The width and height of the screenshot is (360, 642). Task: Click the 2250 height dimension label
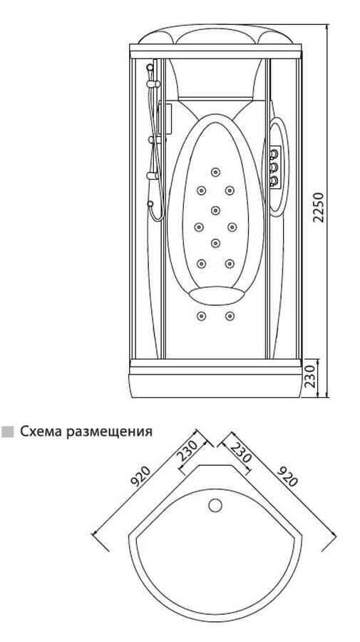point(318,207)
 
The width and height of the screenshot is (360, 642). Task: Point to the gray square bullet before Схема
point(7,432)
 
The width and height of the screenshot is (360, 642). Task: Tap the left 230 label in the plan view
point(187,450)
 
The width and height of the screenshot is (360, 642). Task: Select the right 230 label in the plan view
point(240,451)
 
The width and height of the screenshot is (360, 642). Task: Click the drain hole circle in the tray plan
point(215,505)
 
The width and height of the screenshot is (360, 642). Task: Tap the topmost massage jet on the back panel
point(215,172)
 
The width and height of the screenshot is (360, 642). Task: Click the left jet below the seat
point(201,316)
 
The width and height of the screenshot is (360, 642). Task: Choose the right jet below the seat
point(230,316)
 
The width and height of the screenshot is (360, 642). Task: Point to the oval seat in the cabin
point(216,295)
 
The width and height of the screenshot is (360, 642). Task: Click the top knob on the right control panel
point(274,155)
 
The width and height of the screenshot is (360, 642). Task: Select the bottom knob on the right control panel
point(274,180)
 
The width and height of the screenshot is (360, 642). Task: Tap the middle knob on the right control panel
point(274,167)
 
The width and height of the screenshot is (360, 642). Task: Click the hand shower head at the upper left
point(150,70)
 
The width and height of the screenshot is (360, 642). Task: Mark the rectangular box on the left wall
point(165,120)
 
